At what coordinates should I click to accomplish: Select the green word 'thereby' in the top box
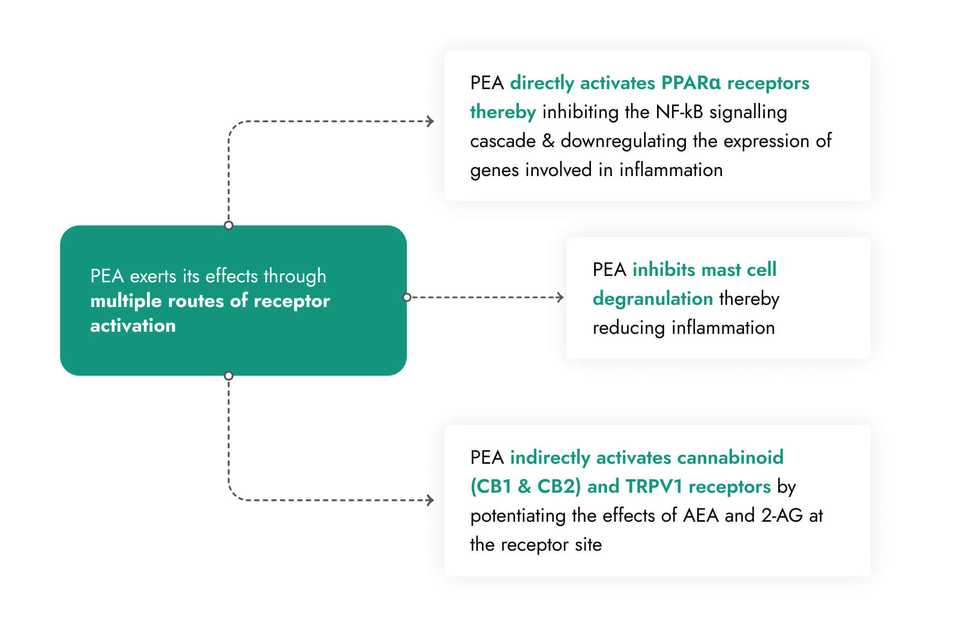click(503, 112)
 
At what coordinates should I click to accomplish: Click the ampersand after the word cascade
click(548, 141)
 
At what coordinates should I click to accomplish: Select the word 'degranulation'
click(653, 299)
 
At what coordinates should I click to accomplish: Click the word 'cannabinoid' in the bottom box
click(730, 457)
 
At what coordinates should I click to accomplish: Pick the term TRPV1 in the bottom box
click(654, 486)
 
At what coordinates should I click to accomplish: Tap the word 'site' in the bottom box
click(588, 545)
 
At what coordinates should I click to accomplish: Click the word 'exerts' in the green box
click(153, 276)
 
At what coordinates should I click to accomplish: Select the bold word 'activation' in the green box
click(133, 326)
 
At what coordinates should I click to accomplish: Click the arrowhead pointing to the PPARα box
click(430, 121)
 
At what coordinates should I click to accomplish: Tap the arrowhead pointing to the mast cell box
click(560, 297)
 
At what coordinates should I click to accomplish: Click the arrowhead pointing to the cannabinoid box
click(430, 500)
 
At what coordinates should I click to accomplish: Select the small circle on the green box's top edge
click(229, 225)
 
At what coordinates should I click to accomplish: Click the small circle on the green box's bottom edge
click(229, 376)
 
